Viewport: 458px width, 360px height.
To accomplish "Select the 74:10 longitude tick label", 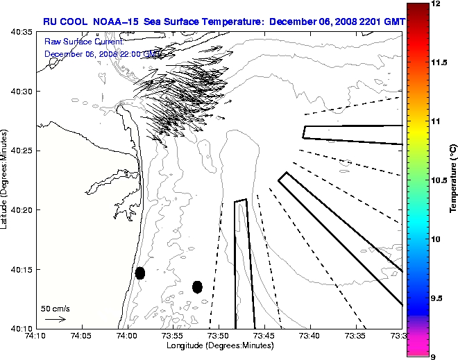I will pyautogui.click(x=36, y=336).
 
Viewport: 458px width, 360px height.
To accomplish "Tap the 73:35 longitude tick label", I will pyautogui.click(x=356, y=336).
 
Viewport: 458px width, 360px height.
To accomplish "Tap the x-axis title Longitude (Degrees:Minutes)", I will pyautogui.click(x=218, y=345).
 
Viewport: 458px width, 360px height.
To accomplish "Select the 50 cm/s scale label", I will pyautogui.click(x=56, y=309).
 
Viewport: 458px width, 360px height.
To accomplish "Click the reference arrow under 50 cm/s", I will pyautogui.click(x=55, y=319).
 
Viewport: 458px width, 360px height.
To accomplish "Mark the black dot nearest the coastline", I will pyautogui.click(x=140, y=273).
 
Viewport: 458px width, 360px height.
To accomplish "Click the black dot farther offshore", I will pyautogui.click(x=197, y=286).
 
